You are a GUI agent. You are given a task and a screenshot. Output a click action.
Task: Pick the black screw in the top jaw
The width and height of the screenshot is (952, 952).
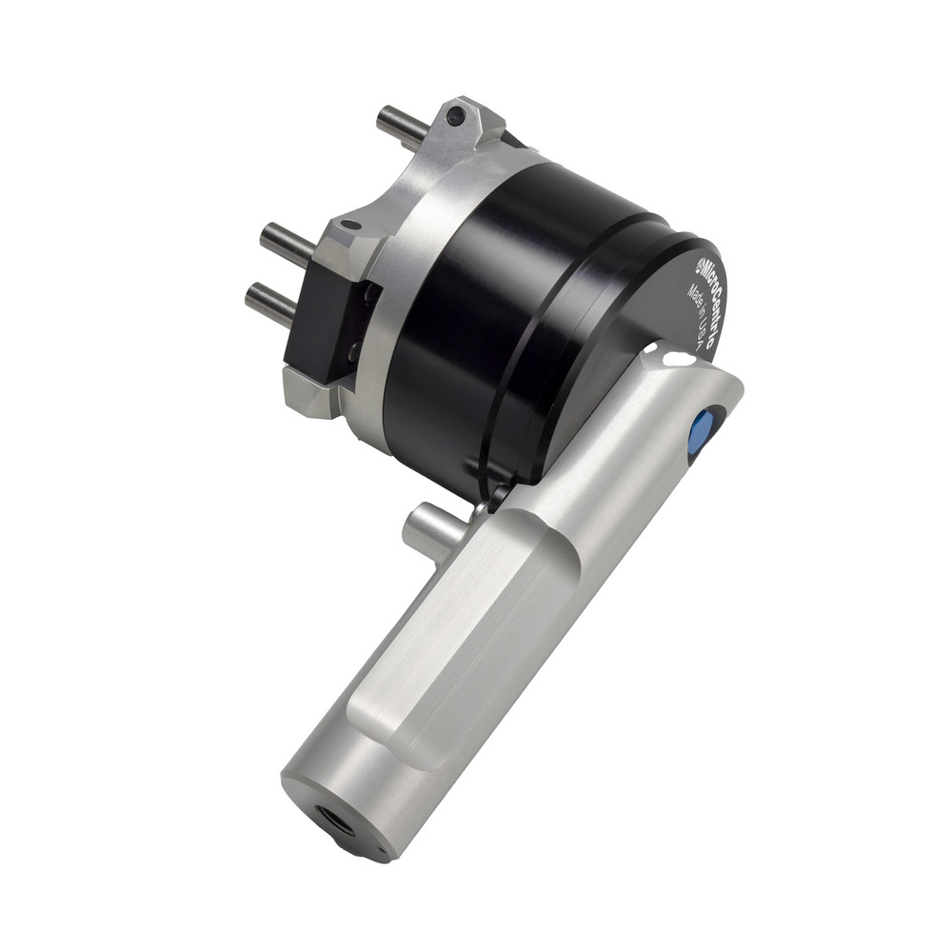(455, 116)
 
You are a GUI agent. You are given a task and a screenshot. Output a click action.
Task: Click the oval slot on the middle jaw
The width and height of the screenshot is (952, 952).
(349, 226)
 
